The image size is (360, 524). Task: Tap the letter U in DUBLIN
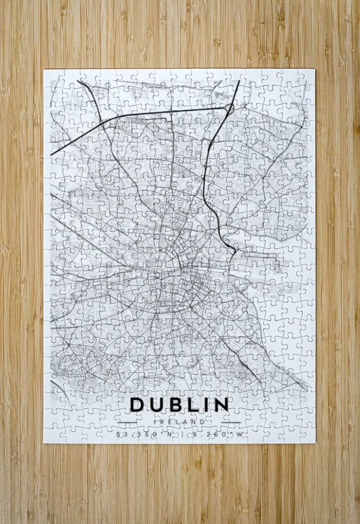[156, 405]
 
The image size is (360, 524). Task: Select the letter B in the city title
[175, 404]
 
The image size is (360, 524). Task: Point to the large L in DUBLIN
[192, 404]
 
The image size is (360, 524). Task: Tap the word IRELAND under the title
[179, 422]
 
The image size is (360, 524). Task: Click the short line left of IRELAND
[127, 422]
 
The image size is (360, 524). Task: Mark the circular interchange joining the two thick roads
[230, 108]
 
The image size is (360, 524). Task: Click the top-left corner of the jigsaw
[44, 70]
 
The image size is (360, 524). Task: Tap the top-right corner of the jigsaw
[314, 70]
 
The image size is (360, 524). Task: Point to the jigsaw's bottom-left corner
[44, 442]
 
